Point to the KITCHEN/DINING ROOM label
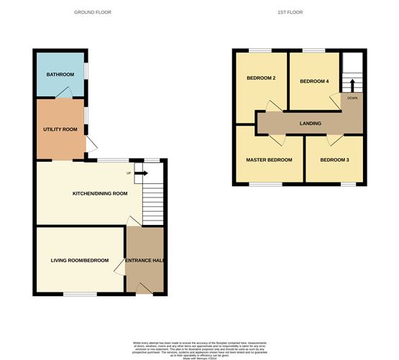(x=99, y=193)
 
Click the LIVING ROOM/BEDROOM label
(x=79, y=260)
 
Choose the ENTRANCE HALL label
(x=146, y=260)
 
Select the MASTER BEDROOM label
(x=269, y=160)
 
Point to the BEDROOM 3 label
(x=334, y=160)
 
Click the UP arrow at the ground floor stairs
(x=140, y=173)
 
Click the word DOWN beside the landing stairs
(x=352, y=98)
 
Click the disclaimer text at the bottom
(x=199, y=347)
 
